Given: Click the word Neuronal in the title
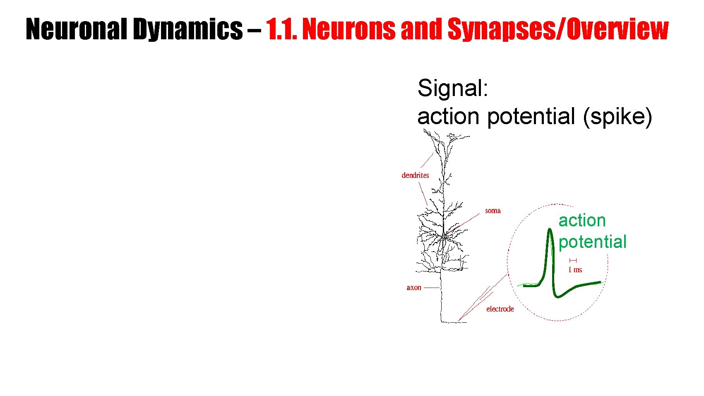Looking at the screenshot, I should (77, 29).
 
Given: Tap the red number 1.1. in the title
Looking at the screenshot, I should (281, 29).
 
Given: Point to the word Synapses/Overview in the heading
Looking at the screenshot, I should (558, 29).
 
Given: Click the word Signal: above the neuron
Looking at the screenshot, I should (453, 88).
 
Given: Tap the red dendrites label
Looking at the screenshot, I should (415, 175).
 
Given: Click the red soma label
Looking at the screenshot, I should (493, 211).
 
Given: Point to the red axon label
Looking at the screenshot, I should (414, 288).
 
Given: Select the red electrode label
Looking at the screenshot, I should (500, 309).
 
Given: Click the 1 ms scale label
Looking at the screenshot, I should (575, 270).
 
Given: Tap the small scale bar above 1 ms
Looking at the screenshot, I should (573, 260).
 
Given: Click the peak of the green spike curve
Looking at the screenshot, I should (550, 230).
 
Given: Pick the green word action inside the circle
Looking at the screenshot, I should (582, 221).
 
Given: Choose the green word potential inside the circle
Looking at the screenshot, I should (592, 242).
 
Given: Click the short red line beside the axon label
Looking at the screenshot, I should (432, 288).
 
